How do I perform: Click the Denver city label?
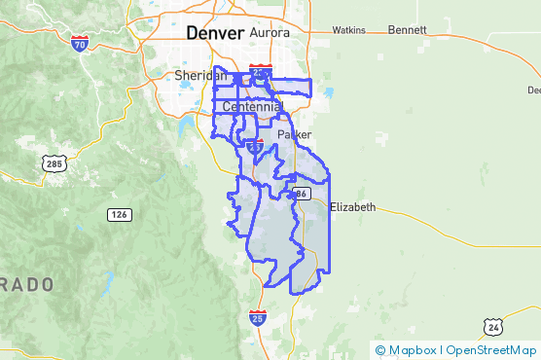click(209, 32)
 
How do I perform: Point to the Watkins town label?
click(347, 30)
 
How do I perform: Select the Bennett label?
click(407, 30)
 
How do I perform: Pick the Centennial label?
click(251, 105)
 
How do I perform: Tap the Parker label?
click(295, 134)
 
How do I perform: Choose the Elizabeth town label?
click(352, 207)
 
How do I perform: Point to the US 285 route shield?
click(54, 163)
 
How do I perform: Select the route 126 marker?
click(120, 214)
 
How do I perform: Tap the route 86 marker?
click(302, 194)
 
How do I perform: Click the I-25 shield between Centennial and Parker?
click(255, 147)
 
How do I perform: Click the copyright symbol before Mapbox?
click(380, 350)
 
